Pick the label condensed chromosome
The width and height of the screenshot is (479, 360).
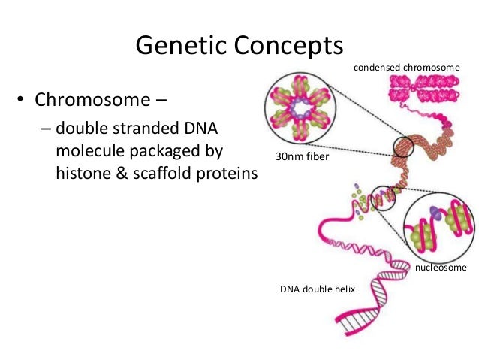click(x=406, y=68)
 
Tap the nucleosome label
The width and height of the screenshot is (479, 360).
click(x=441, y=267)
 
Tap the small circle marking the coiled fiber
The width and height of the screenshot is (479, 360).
click(x=403, y=147)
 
